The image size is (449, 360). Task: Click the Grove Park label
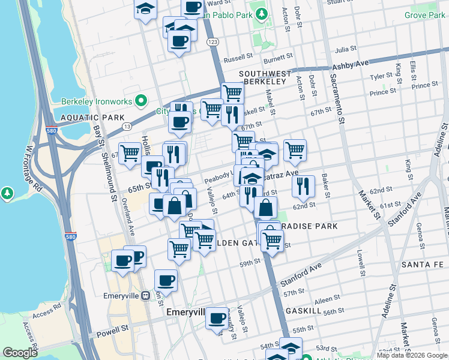424,14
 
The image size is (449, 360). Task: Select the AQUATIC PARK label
84,118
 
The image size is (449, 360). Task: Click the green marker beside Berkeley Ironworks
142,100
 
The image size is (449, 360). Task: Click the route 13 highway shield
127,126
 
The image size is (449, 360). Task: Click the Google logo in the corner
20,353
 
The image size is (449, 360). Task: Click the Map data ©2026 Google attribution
412,355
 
